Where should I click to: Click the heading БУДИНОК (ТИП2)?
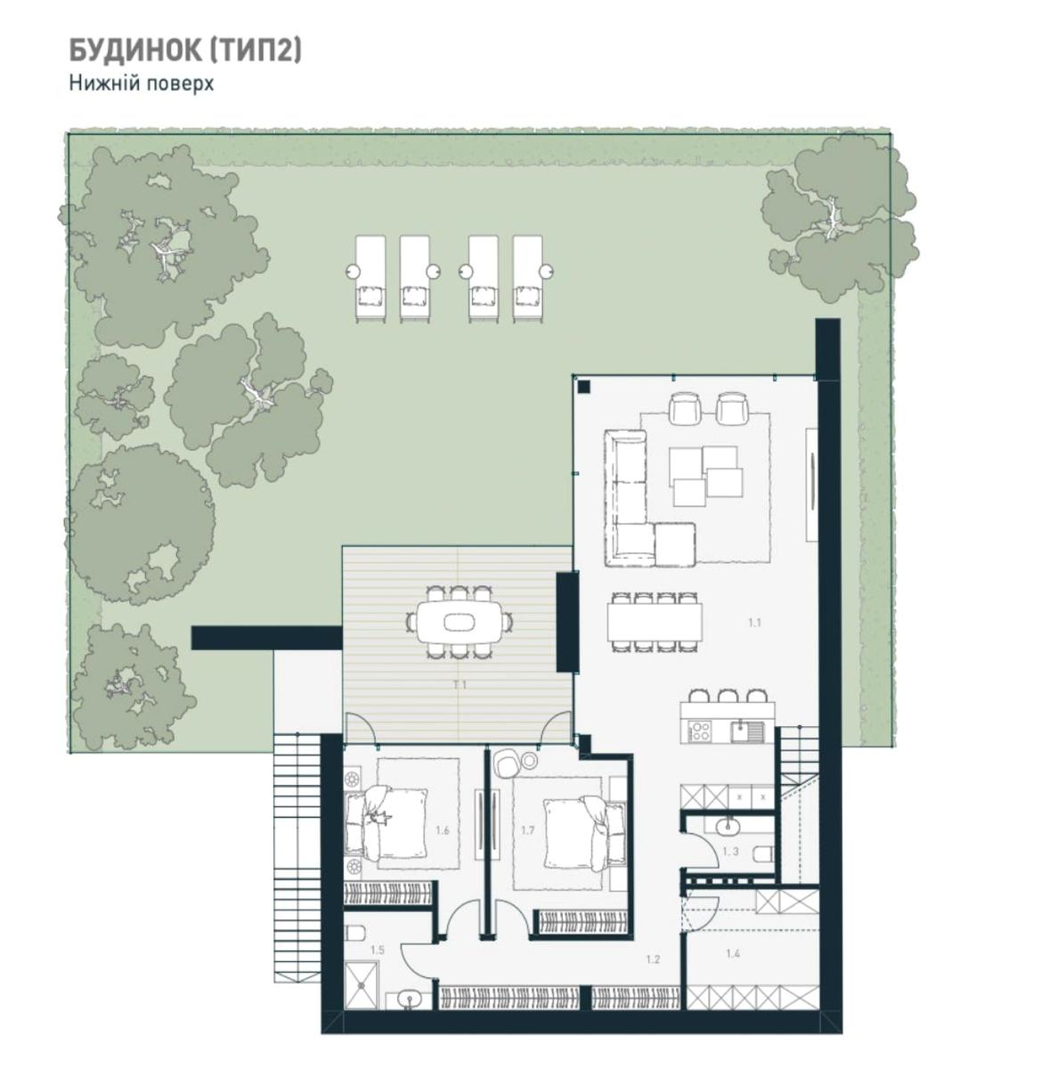click(x=185, y=51)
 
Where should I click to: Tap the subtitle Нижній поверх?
click(x=141, y=84)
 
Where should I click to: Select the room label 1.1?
click(x=754, y=623)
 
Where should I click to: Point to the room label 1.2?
click(x=653, y=959)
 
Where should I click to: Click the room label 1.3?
click(x=731, y=852)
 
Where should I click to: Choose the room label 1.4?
click(x=733, y=954)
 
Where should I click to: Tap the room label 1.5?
click(x=378, y=950)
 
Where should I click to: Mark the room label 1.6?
click(x=443, y=830)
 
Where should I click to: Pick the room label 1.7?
click(x=528, y=830)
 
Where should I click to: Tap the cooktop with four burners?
click(x=699, y=730)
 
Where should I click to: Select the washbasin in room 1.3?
click(x=728, y=823)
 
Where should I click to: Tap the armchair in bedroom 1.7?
click(x=506, y=763)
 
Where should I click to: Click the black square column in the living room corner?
click(x=583, y=387)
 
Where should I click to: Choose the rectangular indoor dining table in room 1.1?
click(x=655, y=622)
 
